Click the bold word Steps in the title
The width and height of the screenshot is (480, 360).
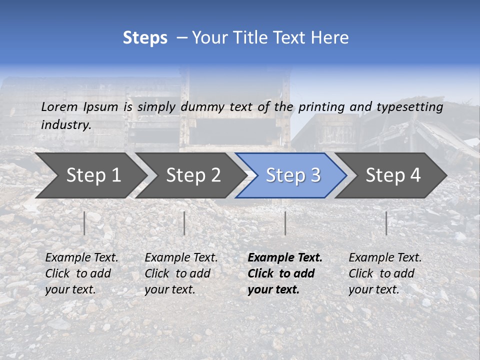pos(145,38)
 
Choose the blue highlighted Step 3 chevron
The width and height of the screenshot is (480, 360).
pos(293,175)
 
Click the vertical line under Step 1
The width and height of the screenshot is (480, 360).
pos(84,223)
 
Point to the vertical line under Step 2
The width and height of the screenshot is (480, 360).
pos(184,223)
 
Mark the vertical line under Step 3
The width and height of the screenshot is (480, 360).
pos(285,223)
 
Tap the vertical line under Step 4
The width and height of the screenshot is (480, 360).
pos(386,223)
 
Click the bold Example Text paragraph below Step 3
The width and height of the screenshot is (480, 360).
pos(285,273)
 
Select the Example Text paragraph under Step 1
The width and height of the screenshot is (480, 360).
pos(81,273)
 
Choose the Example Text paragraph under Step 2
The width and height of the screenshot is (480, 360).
pos(181,273)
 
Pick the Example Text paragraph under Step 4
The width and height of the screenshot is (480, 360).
pos(385,273)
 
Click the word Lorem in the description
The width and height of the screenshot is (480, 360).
pos(59,106)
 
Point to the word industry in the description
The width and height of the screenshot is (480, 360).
pos(66,124)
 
